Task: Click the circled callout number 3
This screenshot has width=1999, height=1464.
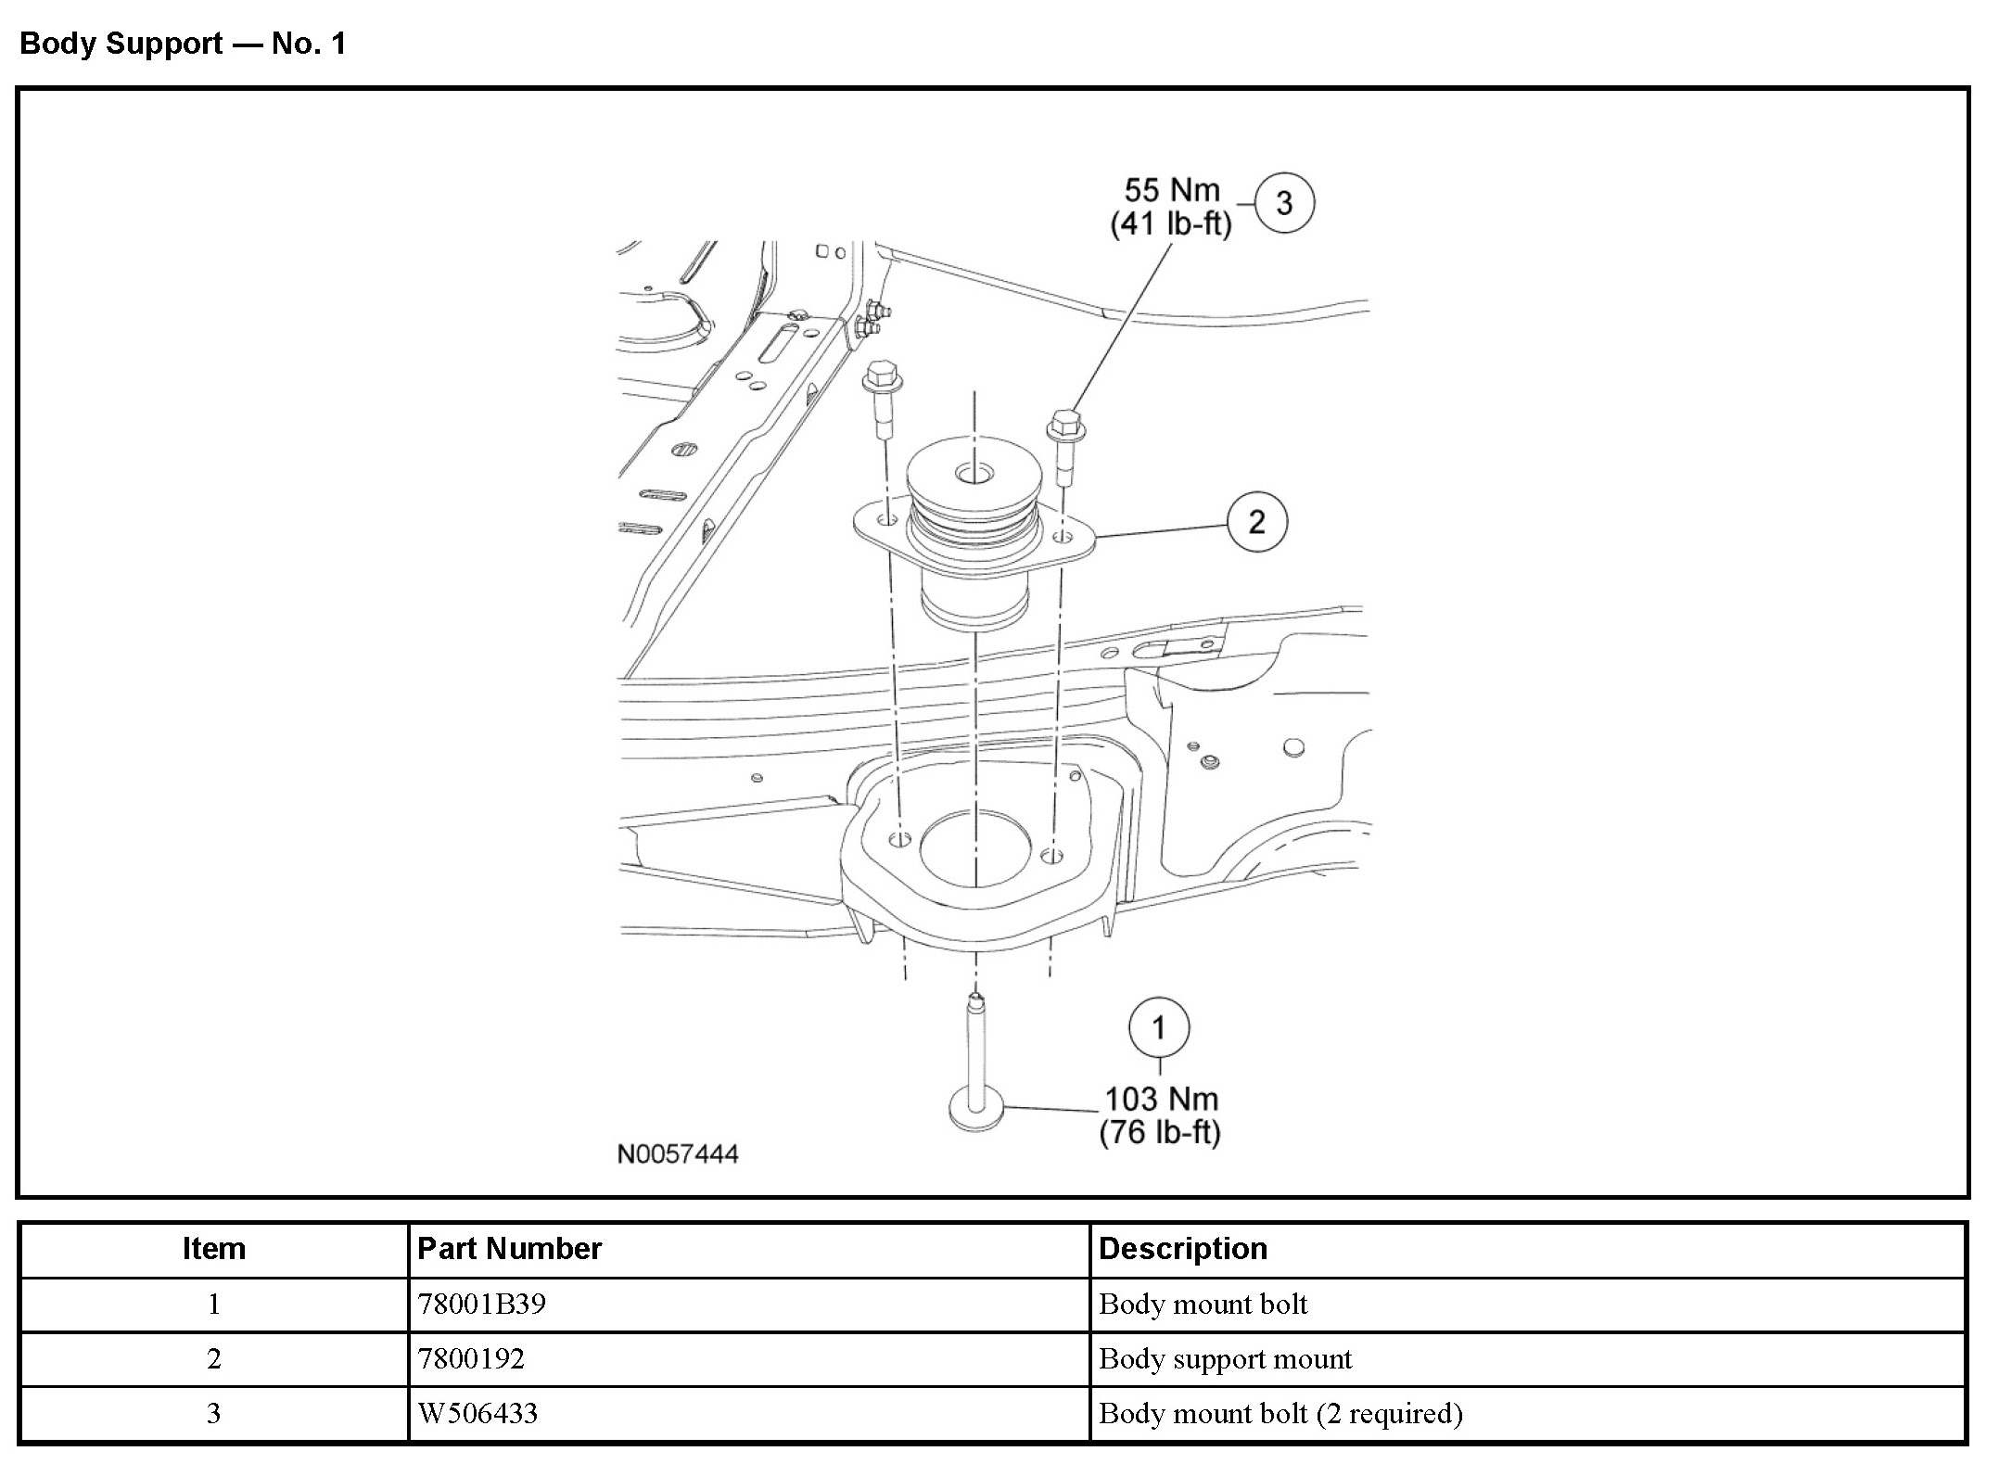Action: click(1284, 203)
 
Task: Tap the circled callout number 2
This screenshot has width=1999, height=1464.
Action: click(1257, 522)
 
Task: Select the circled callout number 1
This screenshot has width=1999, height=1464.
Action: click(1159, 1027)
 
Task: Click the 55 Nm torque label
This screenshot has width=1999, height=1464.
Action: click(1172, 190)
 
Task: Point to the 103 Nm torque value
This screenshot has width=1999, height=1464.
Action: click(1161, 1099)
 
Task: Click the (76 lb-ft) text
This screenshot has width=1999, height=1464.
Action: click(1160, 1132)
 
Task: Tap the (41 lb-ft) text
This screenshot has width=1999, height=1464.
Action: click(1171, 223)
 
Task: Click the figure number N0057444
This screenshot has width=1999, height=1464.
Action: click(678, 1154)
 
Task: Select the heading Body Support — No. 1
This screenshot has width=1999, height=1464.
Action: click(183, 44)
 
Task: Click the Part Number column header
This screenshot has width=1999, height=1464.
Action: click(509, 1249)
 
